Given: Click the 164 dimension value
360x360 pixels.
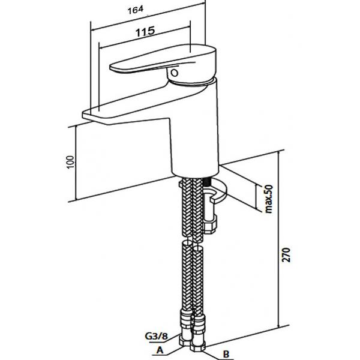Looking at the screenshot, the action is tap(136, 10).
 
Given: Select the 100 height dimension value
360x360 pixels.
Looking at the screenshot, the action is tap(70, 162).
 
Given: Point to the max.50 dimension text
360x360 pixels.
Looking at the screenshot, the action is tap(269, 199).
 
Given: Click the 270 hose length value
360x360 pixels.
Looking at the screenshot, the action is tap(286, 255).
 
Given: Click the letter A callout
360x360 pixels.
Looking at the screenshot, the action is tap(160, 350).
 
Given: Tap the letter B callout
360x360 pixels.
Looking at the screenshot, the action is tap(226, 354).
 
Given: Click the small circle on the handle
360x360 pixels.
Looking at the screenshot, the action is tap(175, 73).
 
